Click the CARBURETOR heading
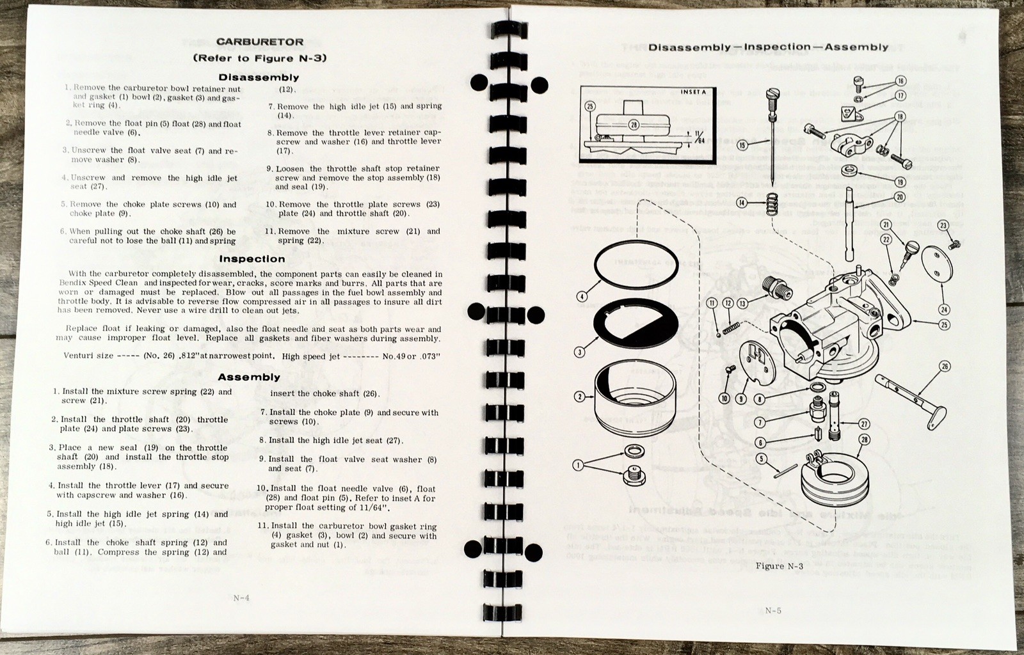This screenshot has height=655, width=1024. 259,42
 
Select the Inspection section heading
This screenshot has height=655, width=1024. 252,259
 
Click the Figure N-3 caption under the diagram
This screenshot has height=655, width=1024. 779,566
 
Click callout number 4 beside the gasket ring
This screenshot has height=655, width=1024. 581,296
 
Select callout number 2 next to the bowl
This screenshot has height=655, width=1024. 580,397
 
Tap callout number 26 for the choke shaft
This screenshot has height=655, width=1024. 945,367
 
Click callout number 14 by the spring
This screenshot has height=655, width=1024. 742,203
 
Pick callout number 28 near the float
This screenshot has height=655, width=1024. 865,439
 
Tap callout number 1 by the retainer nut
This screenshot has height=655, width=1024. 579,466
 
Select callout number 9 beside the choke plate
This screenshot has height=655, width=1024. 741,399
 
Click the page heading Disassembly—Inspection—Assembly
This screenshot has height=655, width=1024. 768,47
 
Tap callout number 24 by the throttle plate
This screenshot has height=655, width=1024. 943,310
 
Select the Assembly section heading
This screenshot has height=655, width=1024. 249,377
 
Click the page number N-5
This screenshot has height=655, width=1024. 773,610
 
